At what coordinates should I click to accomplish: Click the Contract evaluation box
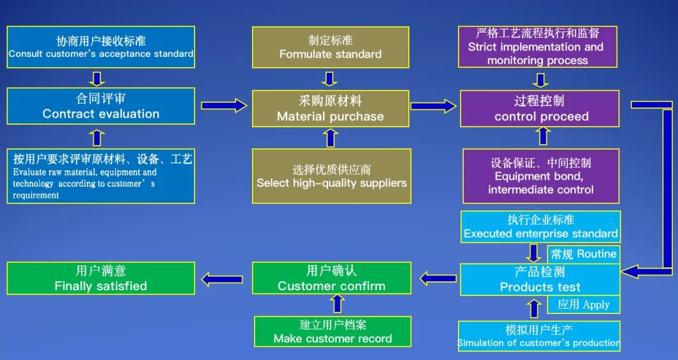[x=101, y=106]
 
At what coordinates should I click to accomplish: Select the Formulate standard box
[x=330, y=47]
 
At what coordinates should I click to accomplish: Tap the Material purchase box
[x=330, y=109]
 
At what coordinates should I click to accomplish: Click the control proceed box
[x=540, y=109]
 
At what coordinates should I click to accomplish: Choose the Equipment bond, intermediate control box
[x=540, y=176]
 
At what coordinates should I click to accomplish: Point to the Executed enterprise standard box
[x=540, y=227]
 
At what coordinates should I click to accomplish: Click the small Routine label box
[x=583, y=254]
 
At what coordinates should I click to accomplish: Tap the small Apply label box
[x=583, y=304]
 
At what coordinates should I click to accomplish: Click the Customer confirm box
[x=331, y=279]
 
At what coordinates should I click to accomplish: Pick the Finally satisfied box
[x=101, y=279]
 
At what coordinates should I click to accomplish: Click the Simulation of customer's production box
[x=539, y=337]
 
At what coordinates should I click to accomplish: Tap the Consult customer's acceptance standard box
[x=101, y=47]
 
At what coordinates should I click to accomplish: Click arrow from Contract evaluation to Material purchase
[x=223, y=106]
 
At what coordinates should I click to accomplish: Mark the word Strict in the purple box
[x=482, y=47]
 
